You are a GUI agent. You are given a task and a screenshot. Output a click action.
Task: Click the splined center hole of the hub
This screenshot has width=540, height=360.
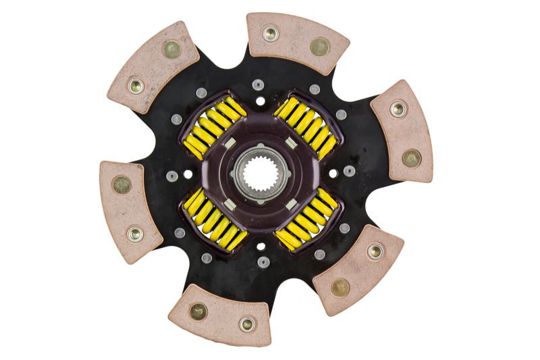(x=260, y=179)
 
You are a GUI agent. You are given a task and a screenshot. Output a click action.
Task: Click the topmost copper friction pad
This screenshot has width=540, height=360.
(x=297, y=42)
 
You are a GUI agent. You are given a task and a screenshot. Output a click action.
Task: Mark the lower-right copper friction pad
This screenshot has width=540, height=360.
(x=358, y=269)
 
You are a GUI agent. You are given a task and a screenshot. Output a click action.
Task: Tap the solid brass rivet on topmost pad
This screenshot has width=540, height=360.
(x=319, y=46)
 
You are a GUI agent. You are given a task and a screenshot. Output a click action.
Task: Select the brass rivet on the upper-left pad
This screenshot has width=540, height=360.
(x=171, y=49)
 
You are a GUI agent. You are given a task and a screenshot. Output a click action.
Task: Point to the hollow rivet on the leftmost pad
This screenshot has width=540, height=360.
(x=135, y=234)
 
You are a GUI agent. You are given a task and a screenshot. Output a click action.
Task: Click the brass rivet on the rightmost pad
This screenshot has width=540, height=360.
(x=411, y=158)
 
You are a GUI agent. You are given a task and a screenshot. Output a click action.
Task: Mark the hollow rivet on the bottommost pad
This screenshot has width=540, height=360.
(x=247, y=324)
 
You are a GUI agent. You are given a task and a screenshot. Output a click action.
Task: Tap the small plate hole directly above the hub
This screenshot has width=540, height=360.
(x=260, y=101)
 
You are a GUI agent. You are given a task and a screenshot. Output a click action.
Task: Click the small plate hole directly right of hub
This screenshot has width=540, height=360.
(x=333, y=174)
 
